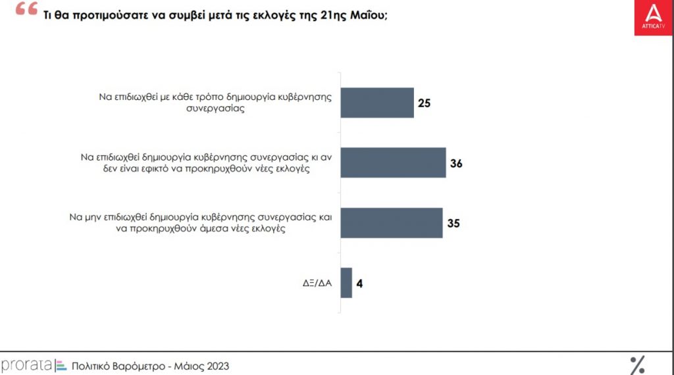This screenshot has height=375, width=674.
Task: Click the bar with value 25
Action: pos(376,103)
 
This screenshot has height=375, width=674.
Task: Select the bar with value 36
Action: pos(393,162)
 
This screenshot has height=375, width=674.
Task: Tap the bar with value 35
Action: pos(391,222)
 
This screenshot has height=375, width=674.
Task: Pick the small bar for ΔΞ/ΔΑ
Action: pos(346,283)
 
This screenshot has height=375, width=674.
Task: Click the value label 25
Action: pos(425,103)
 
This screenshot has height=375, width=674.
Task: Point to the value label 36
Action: pos(456,163)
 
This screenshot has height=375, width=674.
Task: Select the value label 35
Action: pos(453,223)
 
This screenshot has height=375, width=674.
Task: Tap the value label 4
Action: pos(360,284)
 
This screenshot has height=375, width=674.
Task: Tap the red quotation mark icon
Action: pos(26,9)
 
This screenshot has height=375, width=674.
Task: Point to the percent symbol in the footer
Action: pos(637,364)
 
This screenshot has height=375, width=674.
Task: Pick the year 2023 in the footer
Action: pos(217,366)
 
